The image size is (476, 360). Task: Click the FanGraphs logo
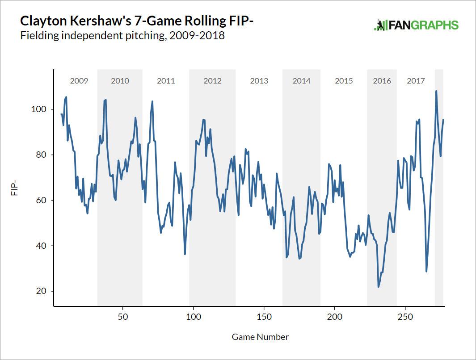point(416,25)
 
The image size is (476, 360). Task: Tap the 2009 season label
point(79,81)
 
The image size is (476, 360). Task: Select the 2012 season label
point(212,81)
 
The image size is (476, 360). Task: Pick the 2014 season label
point(301,81)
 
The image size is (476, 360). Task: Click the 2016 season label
point(382,81)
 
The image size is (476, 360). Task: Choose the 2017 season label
point(416,81)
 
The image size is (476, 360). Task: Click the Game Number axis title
point(260,337)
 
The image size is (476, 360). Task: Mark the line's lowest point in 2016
point(379,287)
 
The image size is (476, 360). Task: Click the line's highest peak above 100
point(436,91)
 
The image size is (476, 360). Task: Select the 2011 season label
point(166,81)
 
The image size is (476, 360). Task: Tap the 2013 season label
point(259,81)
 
